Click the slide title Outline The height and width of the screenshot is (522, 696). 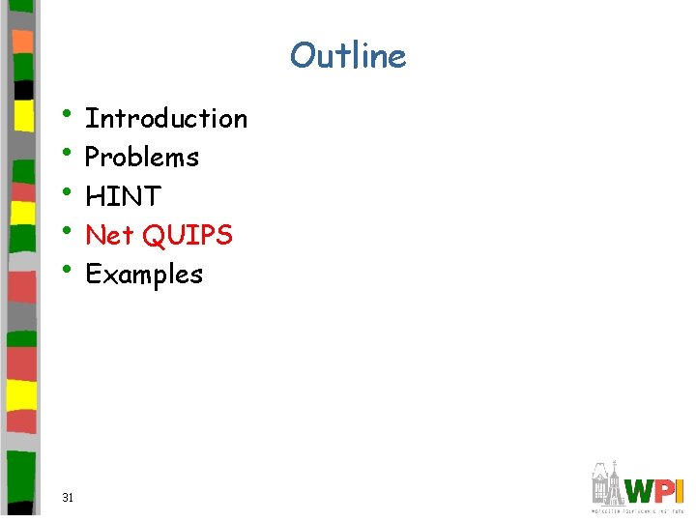[348, 55]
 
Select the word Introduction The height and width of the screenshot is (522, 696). [166, 119]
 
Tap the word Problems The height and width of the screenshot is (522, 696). [142, 158]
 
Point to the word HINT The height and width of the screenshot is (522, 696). [123, 196]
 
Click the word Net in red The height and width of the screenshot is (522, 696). [109, 235]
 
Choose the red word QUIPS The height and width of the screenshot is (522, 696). [187, 235]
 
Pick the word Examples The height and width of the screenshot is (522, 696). [144, 275]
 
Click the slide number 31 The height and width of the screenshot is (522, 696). [68, 497]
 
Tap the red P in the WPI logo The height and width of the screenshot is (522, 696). [665, 491]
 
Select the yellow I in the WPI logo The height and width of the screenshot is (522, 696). [680, 491]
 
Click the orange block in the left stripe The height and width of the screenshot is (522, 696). [21, 42]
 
